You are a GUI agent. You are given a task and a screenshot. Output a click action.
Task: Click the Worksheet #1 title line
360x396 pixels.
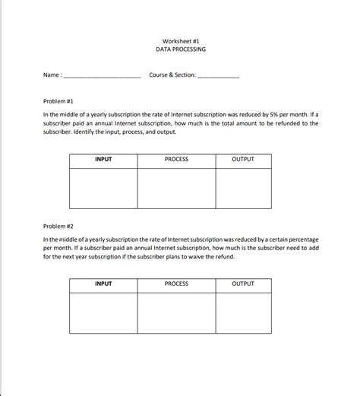point(180,41)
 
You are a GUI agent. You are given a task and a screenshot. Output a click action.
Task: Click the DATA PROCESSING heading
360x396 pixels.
point(180,49)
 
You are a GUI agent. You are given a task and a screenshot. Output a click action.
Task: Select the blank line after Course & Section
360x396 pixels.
point(218,76)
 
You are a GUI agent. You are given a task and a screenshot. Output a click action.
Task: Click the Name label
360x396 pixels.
point(51,75)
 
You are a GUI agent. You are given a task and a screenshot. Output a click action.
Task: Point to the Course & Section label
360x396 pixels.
point(172,75)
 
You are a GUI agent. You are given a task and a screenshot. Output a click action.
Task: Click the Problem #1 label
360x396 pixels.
point(58,100)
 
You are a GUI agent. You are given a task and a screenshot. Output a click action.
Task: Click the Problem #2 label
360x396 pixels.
point(58,226)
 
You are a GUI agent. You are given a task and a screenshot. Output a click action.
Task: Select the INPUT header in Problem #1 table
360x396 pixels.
point(103,160)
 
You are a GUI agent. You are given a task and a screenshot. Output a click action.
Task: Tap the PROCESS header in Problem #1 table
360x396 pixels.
point(176,160)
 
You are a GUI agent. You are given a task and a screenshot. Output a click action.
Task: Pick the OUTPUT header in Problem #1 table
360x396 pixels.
point(243,160)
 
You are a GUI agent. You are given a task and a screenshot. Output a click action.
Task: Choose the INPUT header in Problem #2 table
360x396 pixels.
point(103,284)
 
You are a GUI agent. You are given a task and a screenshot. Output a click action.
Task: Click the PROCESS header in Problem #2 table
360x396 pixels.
point(176,284)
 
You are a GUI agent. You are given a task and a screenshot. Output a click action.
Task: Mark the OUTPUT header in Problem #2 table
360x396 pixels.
point(243,284)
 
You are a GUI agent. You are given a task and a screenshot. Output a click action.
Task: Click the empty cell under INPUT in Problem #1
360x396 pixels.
point(103,188)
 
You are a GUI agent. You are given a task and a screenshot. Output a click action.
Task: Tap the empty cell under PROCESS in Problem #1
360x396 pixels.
point(176,188)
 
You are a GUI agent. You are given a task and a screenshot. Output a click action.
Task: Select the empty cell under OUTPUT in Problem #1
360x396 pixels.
point(243,188)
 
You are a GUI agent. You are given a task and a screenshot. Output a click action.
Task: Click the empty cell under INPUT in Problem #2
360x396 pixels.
point(103,312)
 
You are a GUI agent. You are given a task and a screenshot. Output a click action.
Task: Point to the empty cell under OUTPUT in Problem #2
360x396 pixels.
point(243,312)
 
